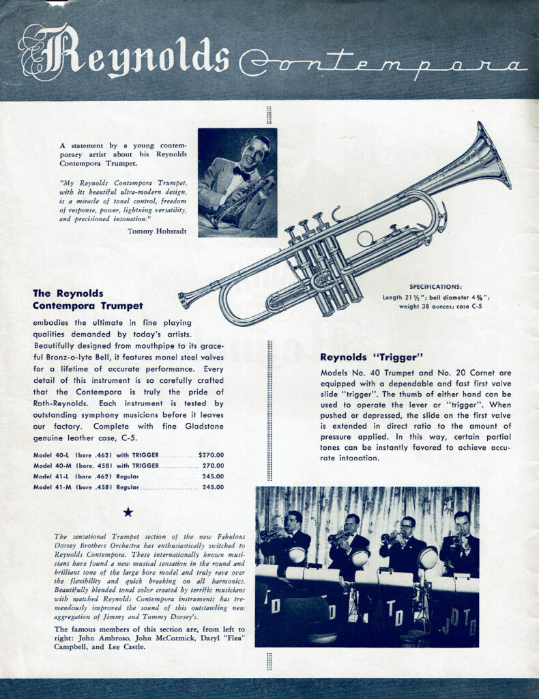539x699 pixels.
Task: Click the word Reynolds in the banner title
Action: [126, 53]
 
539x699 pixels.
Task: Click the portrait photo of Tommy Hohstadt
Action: [237, 182]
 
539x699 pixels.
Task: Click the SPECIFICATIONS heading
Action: [435, 287]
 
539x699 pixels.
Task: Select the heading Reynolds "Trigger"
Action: [373, 357]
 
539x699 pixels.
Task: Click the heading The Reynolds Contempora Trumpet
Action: [88, 299]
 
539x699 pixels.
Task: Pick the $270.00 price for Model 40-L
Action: [211, 455]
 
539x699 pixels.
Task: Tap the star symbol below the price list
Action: [128, 512]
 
